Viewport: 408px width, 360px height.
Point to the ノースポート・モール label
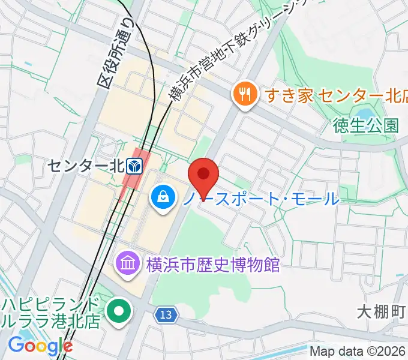click(261, 197)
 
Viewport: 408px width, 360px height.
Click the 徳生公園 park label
click(366, 125)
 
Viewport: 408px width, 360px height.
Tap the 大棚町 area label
click(382, 312)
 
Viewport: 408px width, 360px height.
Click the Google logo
click(40, 346)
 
